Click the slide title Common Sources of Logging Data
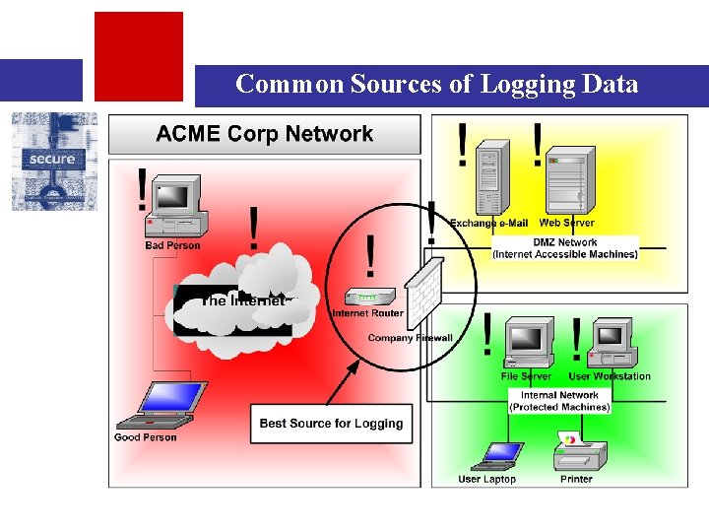click(436, 85)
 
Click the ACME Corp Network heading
click(265, 135)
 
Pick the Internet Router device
click(368, 297)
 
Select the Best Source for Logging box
click(331, 424)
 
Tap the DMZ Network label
click(565, 248)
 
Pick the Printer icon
click(578, 453)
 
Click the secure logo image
click(54, 161)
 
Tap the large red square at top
click(138, 56)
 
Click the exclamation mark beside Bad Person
click(144, 189)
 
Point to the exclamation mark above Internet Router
click(370, 256)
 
